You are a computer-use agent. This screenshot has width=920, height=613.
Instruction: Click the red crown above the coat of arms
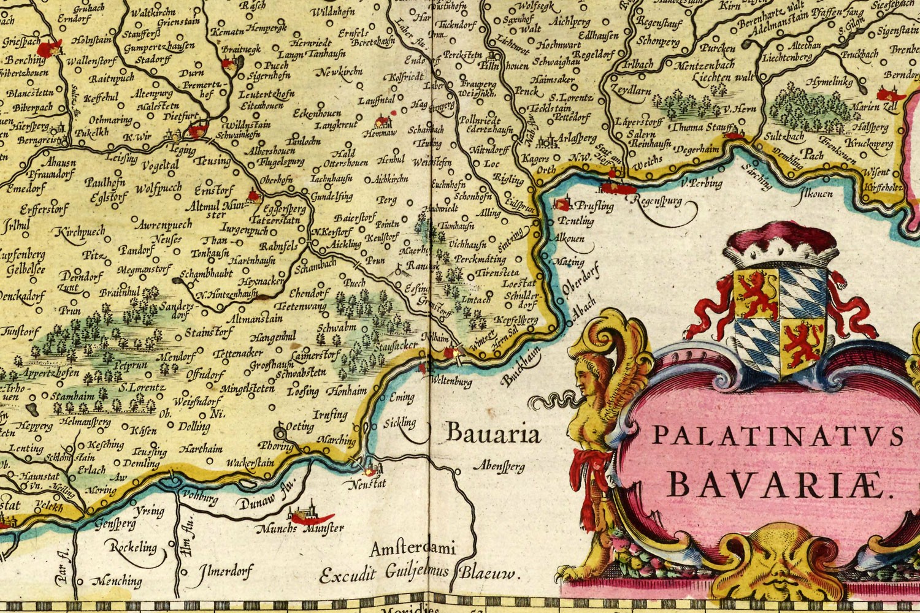[780, 248]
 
